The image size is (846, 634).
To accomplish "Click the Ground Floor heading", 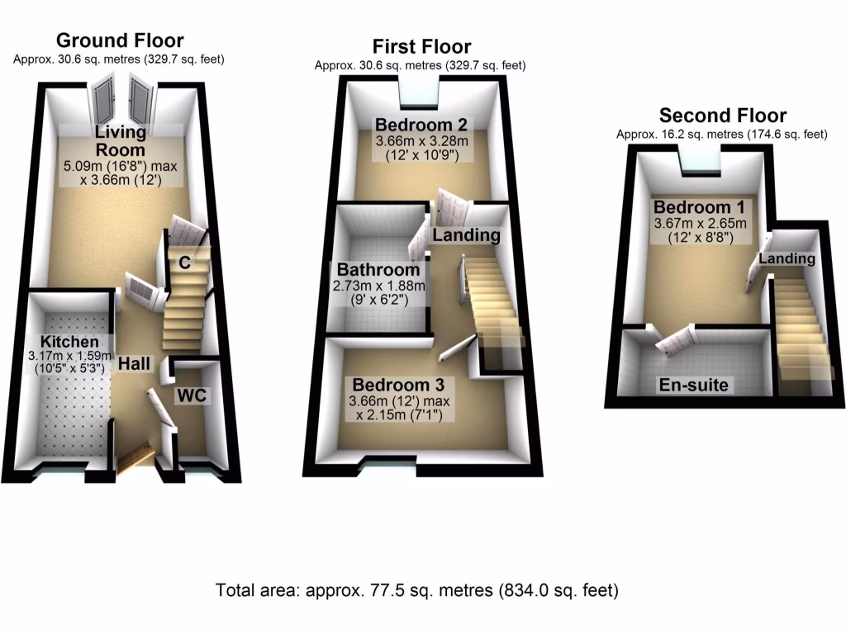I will pos(120,40).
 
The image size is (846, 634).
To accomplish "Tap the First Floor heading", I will pos(421,46).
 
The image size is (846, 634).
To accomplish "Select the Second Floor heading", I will pos(722,116).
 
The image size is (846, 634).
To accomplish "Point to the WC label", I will pos(192,395).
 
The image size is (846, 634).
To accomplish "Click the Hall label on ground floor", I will pos(134,363).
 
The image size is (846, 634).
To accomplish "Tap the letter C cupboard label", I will pos(185,263).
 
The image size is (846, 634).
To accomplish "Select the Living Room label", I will pos(120,141).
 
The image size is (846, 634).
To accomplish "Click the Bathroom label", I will pos(378,270).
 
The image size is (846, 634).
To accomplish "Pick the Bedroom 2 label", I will pos(421,125).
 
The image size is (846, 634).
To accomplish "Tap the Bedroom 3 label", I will pos(398,385).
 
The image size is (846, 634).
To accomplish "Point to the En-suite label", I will pos(694,386).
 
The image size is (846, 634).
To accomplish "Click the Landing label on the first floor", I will pos(467,235).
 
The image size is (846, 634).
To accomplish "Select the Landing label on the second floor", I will pos(787,259).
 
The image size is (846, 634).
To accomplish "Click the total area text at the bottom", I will pos(416,590).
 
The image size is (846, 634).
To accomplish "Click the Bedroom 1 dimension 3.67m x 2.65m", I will pos(700,223).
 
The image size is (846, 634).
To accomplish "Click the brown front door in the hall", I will pos(134,458).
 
